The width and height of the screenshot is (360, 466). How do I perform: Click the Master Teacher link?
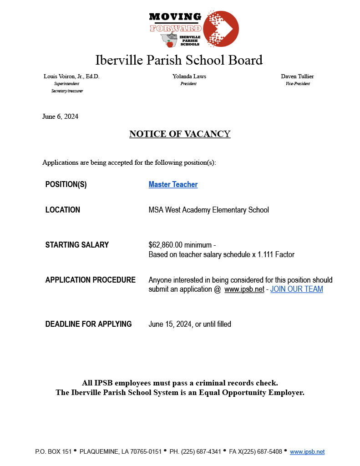point(173,184)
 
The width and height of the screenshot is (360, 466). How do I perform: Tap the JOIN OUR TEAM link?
point(296,289)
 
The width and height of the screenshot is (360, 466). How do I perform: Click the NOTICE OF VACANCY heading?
point(180,134)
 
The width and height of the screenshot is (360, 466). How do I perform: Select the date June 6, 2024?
point(60,116)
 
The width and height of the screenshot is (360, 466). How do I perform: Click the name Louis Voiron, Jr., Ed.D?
point(71,76)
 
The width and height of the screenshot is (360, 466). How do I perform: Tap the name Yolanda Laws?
point(189,76)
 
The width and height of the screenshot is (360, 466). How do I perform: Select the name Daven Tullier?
point(297,76)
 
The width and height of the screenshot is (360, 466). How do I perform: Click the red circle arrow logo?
point(221,28)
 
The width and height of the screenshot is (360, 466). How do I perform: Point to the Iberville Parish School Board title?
point(179,60)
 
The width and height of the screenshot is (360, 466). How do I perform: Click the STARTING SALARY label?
point(77,245)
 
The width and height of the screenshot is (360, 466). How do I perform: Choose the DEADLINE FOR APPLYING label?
point(88,324)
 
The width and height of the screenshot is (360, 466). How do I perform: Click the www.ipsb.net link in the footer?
point(307,451)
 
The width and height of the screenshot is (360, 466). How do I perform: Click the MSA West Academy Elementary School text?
point(208,210)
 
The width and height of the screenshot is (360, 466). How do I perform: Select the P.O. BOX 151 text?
point(53,451)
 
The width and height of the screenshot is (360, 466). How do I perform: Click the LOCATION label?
point(63,210)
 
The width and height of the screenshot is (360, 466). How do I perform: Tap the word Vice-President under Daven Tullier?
point(298,84)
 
